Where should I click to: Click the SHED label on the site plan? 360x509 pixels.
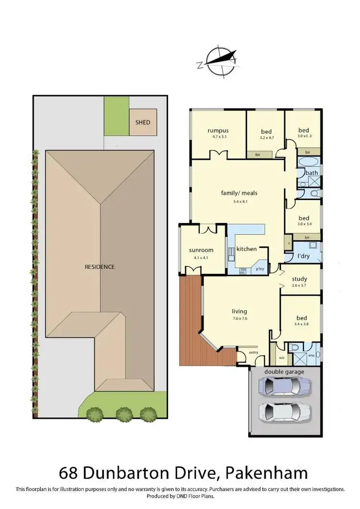pos(142,122)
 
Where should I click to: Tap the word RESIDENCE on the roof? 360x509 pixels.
pos(100,267)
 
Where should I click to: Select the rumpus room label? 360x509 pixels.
pos(217,130)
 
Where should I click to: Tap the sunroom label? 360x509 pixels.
pos(201,250)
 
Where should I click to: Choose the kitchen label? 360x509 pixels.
pos(246,249)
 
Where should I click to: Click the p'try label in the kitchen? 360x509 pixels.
pos(260,269)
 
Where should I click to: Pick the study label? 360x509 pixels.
pos(300,279)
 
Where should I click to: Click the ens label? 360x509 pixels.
pos(311,355)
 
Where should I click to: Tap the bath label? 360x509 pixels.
pos(312,173)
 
